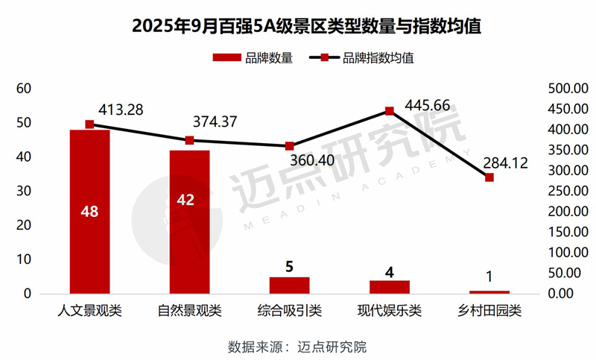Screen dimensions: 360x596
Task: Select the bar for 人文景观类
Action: [89, 224]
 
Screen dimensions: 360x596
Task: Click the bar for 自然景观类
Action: [189, 231]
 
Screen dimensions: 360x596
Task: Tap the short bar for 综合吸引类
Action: [289, 285]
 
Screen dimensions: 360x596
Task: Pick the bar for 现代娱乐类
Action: [389, 287]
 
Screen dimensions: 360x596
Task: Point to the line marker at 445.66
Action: [389, 111]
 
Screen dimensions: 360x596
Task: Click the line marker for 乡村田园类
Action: [489, 177]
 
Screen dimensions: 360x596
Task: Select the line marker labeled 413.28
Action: [89, 124]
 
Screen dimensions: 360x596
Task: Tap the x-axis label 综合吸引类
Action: [289, 311]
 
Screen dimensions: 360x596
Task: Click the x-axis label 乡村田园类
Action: [489, 311]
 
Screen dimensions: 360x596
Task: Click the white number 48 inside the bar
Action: [89, 212]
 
